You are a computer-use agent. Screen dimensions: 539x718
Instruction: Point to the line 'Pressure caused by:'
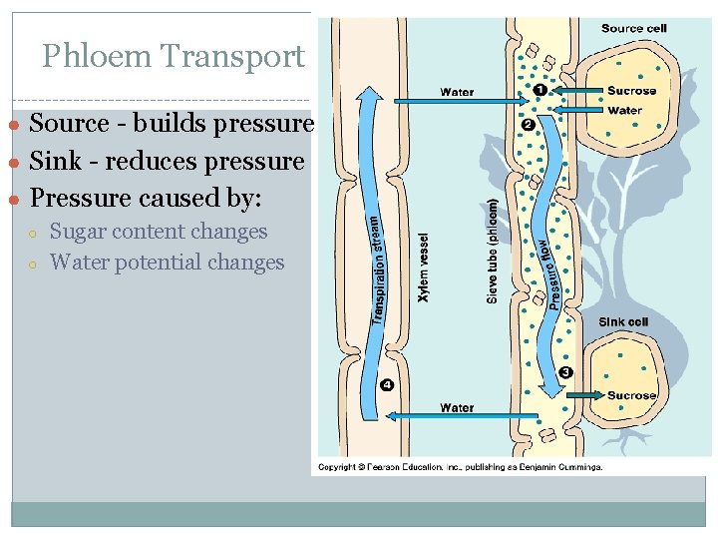146,198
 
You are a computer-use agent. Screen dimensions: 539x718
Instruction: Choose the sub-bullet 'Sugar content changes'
159,232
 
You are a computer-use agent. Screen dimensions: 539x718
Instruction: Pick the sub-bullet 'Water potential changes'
167,263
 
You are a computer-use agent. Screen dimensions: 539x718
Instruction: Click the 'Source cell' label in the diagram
633,28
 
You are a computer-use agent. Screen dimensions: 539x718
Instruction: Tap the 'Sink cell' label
623,322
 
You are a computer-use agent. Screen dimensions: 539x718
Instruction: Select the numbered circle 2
528,124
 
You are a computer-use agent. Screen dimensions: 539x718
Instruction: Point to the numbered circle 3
566,373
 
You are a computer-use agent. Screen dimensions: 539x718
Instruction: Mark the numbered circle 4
387,385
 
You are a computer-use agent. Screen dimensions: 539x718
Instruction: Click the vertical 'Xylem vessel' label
423,269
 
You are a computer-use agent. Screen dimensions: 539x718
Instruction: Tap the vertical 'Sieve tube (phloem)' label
492,249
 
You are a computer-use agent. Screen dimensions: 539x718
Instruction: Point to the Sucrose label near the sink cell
631,395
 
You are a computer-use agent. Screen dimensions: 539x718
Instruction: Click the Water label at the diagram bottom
457,407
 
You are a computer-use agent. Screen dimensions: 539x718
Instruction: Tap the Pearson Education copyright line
460,466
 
